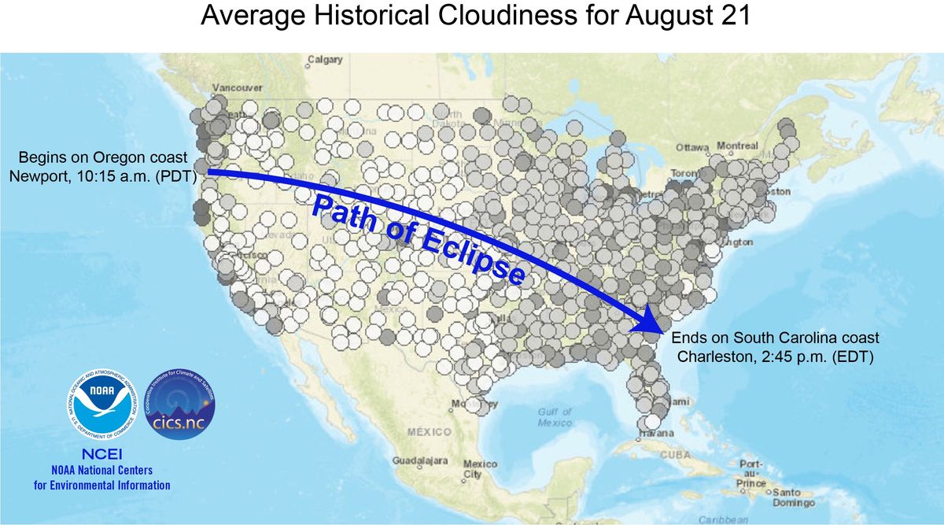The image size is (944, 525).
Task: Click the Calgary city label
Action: point(325,59)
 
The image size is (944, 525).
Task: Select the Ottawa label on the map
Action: point(692,147)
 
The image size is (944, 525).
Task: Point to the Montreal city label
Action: point(737,146)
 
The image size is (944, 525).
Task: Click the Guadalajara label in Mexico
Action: point(420,460)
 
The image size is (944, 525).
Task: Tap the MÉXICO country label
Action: point(430,432)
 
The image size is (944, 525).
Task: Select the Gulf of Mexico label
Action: point(555,417)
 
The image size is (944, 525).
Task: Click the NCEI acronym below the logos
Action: point(101,454)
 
